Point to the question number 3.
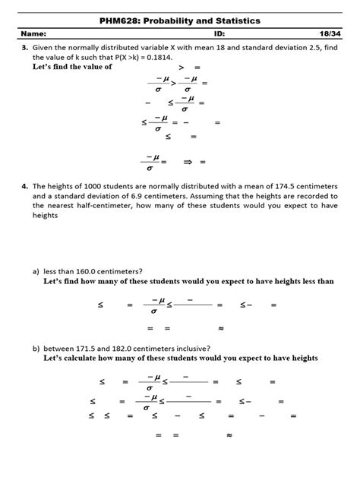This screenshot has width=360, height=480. [25, 47]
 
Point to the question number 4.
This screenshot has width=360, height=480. [25, 185]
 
